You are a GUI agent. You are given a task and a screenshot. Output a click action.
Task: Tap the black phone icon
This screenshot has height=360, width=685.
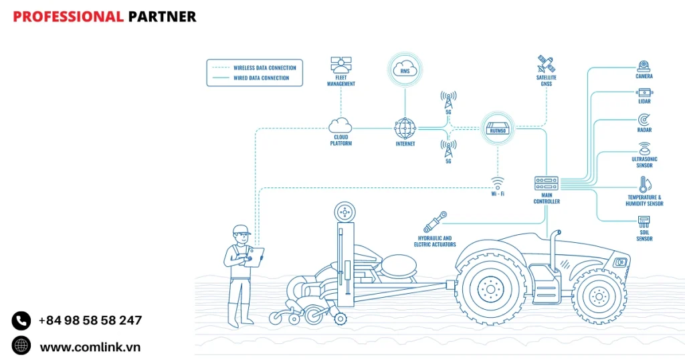point(21,321)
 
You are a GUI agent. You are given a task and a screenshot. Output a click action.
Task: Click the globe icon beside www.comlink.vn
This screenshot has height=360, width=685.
point(21,346)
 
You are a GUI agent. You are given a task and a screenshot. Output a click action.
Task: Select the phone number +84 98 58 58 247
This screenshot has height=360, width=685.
point(90,321)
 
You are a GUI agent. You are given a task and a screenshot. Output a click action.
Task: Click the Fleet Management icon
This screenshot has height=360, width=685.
point(341,66)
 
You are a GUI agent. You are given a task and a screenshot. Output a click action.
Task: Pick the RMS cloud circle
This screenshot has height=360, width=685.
point(405,70)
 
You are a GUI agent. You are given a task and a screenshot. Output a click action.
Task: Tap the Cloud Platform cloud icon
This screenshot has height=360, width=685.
point(340,124)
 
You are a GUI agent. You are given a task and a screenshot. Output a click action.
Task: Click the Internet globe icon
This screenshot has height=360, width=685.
point(405,128)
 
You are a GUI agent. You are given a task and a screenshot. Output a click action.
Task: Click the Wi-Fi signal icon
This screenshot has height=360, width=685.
point(497,183)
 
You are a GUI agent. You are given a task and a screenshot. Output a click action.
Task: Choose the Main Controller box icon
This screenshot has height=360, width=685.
point(546,183)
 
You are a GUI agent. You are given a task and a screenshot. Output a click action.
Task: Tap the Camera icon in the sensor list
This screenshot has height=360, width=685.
point(644,66)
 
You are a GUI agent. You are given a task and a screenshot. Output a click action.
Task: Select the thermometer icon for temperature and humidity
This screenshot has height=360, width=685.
point(644,185)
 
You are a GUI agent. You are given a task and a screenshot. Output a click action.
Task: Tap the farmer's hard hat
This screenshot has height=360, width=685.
point(241,230)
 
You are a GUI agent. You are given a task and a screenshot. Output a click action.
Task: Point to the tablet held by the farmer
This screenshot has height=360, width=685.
point(255,257)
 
